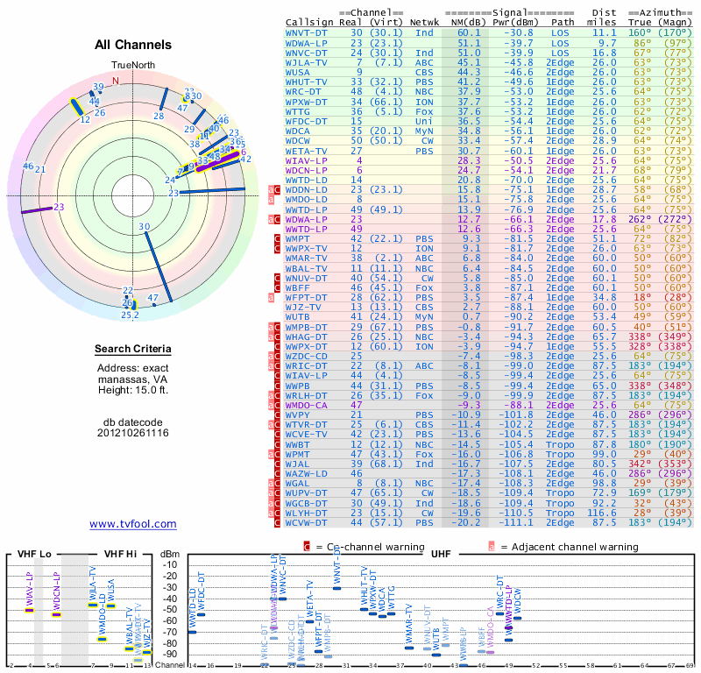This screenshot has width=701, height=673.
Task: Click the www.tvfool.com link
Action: tap(132, 524)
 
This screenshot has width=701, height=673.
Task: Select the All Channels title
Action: tap(132, 45)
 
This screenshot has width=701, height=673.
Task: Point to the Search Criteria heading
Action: tap(132, 350)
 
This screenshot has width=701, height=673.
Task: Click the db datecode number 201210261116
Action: tap(132, 433)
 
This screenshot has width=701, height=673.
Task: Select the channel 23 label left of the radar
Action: tap(59, 207)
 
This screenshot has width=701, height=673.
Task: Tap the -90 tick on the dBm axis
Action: tap(171, 654)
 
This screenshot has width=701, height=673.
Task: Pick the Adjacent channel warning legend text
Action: tap(569, 547)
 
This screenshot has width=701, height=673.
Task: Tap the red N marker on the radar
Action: tap(115, 80)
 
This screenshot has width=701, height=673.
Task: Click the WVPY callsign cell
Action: tap(301, 414)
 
